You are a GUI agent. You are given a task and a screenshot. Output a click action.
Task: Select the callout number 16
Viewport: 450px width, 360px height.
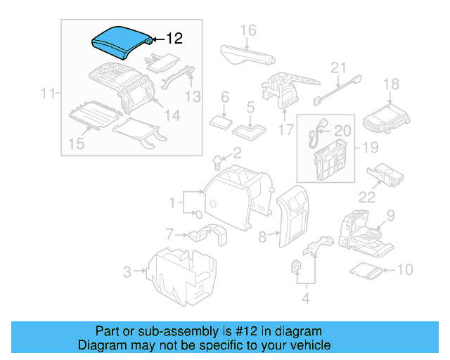248,30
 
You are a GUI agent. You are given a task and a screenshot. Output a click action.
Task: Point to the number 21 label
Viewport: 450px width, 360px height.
340,67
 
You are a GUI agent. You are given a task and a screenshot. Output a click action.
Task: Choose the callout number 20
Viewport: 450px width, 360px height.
342,130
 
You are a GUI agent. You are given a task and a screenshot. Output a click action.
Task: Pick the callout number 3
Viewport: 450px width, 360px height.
127,271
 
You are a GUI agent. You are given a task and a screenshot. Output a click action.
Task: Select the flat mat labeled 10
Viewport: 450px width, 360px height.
366,269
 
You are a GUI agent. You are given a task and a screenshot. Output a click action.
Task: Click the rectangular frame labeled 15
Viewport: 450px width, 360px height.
93,117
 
